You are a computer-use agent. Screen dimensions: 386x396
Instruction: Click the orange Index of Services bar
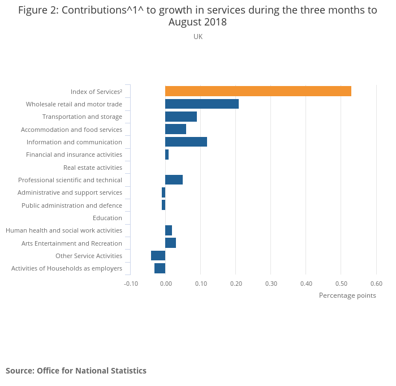coord(258,91)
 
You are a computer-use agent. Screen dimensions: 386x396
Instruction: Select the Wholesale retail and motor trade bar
coord(202,104)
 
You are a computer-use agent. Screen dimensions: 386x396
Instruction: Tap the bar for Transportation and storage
coord(181,117)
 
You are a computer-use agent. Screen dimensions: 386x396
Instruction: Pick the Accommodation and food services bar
coord(175,129)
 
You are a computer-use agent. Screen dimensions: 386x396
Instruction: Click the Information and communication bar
coord(186,141)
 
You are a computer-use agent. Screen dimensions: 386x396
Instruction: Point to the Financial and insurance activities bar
coord(167,155)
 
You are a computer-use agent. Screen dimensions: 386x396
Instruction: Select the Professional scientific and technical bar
coord(174,180)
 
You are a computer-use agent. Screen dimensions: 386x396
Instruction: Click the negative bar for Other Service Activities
coord(158,256)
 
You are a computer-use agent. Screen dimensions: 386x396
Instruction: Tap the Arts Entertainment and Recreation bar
coord(170,243)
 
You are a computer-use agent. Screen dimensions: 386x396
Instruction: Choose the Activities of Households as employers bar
coord(160,268)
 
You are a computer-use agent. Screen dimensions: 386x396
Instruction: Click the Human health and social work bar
coord(169,230)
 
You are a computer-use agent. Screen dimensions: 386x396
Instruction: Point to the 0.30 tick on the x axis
coord(271,284)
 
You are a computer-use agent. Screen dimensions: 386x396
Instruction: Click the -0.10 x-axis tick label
coord(131,284)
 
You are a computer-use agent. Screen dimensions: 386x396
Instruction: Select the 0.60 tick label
coord(376,284)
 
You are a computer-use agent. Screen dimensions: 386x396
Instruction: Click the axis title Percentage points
coord(347,295)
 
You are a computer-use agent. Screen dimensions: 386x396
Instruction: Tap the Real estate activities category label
coord(93,168)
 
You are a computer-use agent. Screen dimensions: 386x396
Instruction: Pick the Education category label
coord(107,218)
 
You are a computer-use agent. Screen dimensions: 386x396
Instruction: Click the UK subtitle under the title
coord(198,37)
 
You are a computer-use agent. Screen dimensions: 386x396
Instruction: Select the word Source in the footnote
coord(20,371)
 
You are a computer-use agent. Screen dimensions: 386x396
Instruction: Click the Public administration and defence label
coord(72,205)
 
